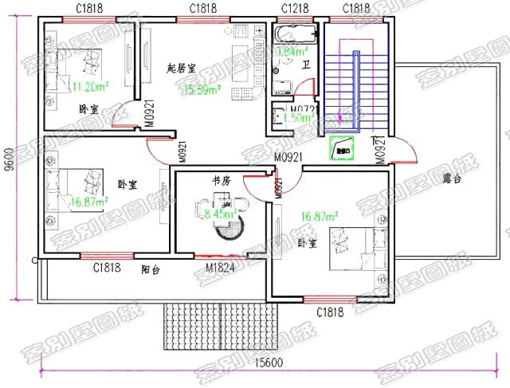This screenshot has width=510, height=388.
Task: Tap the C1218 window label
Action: (x=296, y=8)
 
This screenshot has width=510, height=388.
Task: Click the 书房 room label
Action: (x=221, y=182)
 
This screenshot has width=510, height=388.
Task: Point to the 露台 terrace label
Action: (x=452, y=180)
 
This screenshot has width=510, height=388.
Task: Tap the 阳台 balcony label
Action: (x=151, y=270)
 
